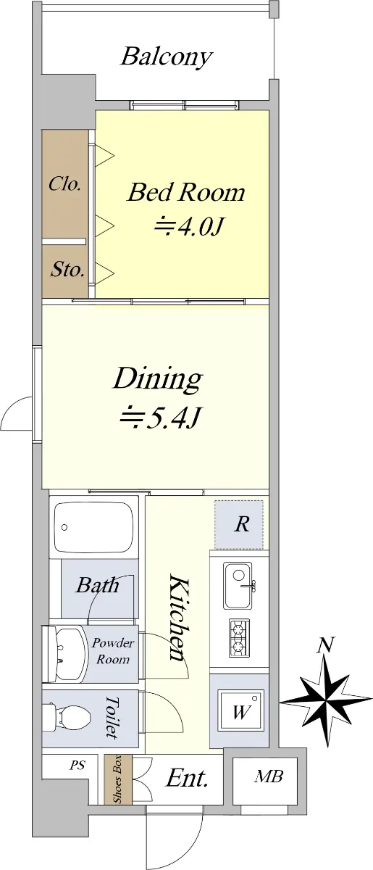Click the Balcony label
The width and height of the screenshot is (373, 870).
pyautogui.click(x=166, y=57)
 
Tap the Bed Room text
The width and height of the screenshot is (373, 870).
pyautogui.click(x=186, y=192)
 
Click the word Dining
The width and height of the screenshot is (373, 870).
pyautogui.click(x=158, y=379)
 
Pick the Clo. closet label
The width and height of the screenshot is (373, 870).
pyautogui.click(x=64, y=183)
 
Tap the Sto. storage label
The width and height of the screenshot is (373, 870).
pyautogui.click(x=67, y=269)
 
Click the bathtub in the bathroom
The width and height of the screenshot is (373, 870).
pyautogui.click(x=93, y=528)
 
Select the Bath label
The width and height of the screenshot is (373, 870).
pyautogui.click(x=97, y=585)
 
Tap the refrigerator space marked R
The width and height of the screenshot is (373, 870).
pyautogui.click(x=239, y=524)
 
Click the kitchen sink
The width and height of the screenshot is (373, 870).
pyautogui.click(x=238, y=586)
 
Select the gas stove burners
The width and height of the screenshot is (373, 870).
pyautogui.click(x=239, y=638)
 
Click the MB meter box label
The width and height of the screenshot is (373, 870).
pyautogui.click(x=269, y=776)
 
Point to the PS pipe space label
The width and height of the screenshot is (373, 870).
pyautogui.click(x=77, y=765)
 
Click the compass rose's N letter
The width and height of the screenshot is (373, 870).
pyautogui.click(x=325, y=645)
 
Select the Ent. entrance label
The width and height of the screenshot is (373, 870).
pyautogui.click(x=187, y=778)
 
